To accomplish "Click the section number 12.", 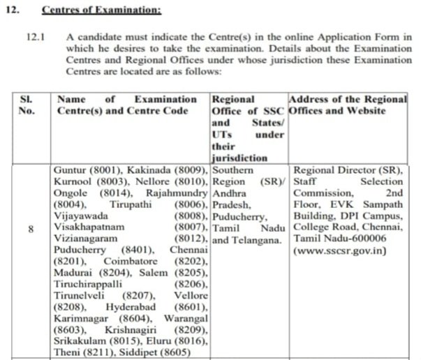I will coord(15,10).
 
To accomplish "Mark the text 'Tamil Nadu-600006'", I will coord(336,239).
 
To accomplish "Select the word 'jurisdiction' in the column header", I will coord(239,158).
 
